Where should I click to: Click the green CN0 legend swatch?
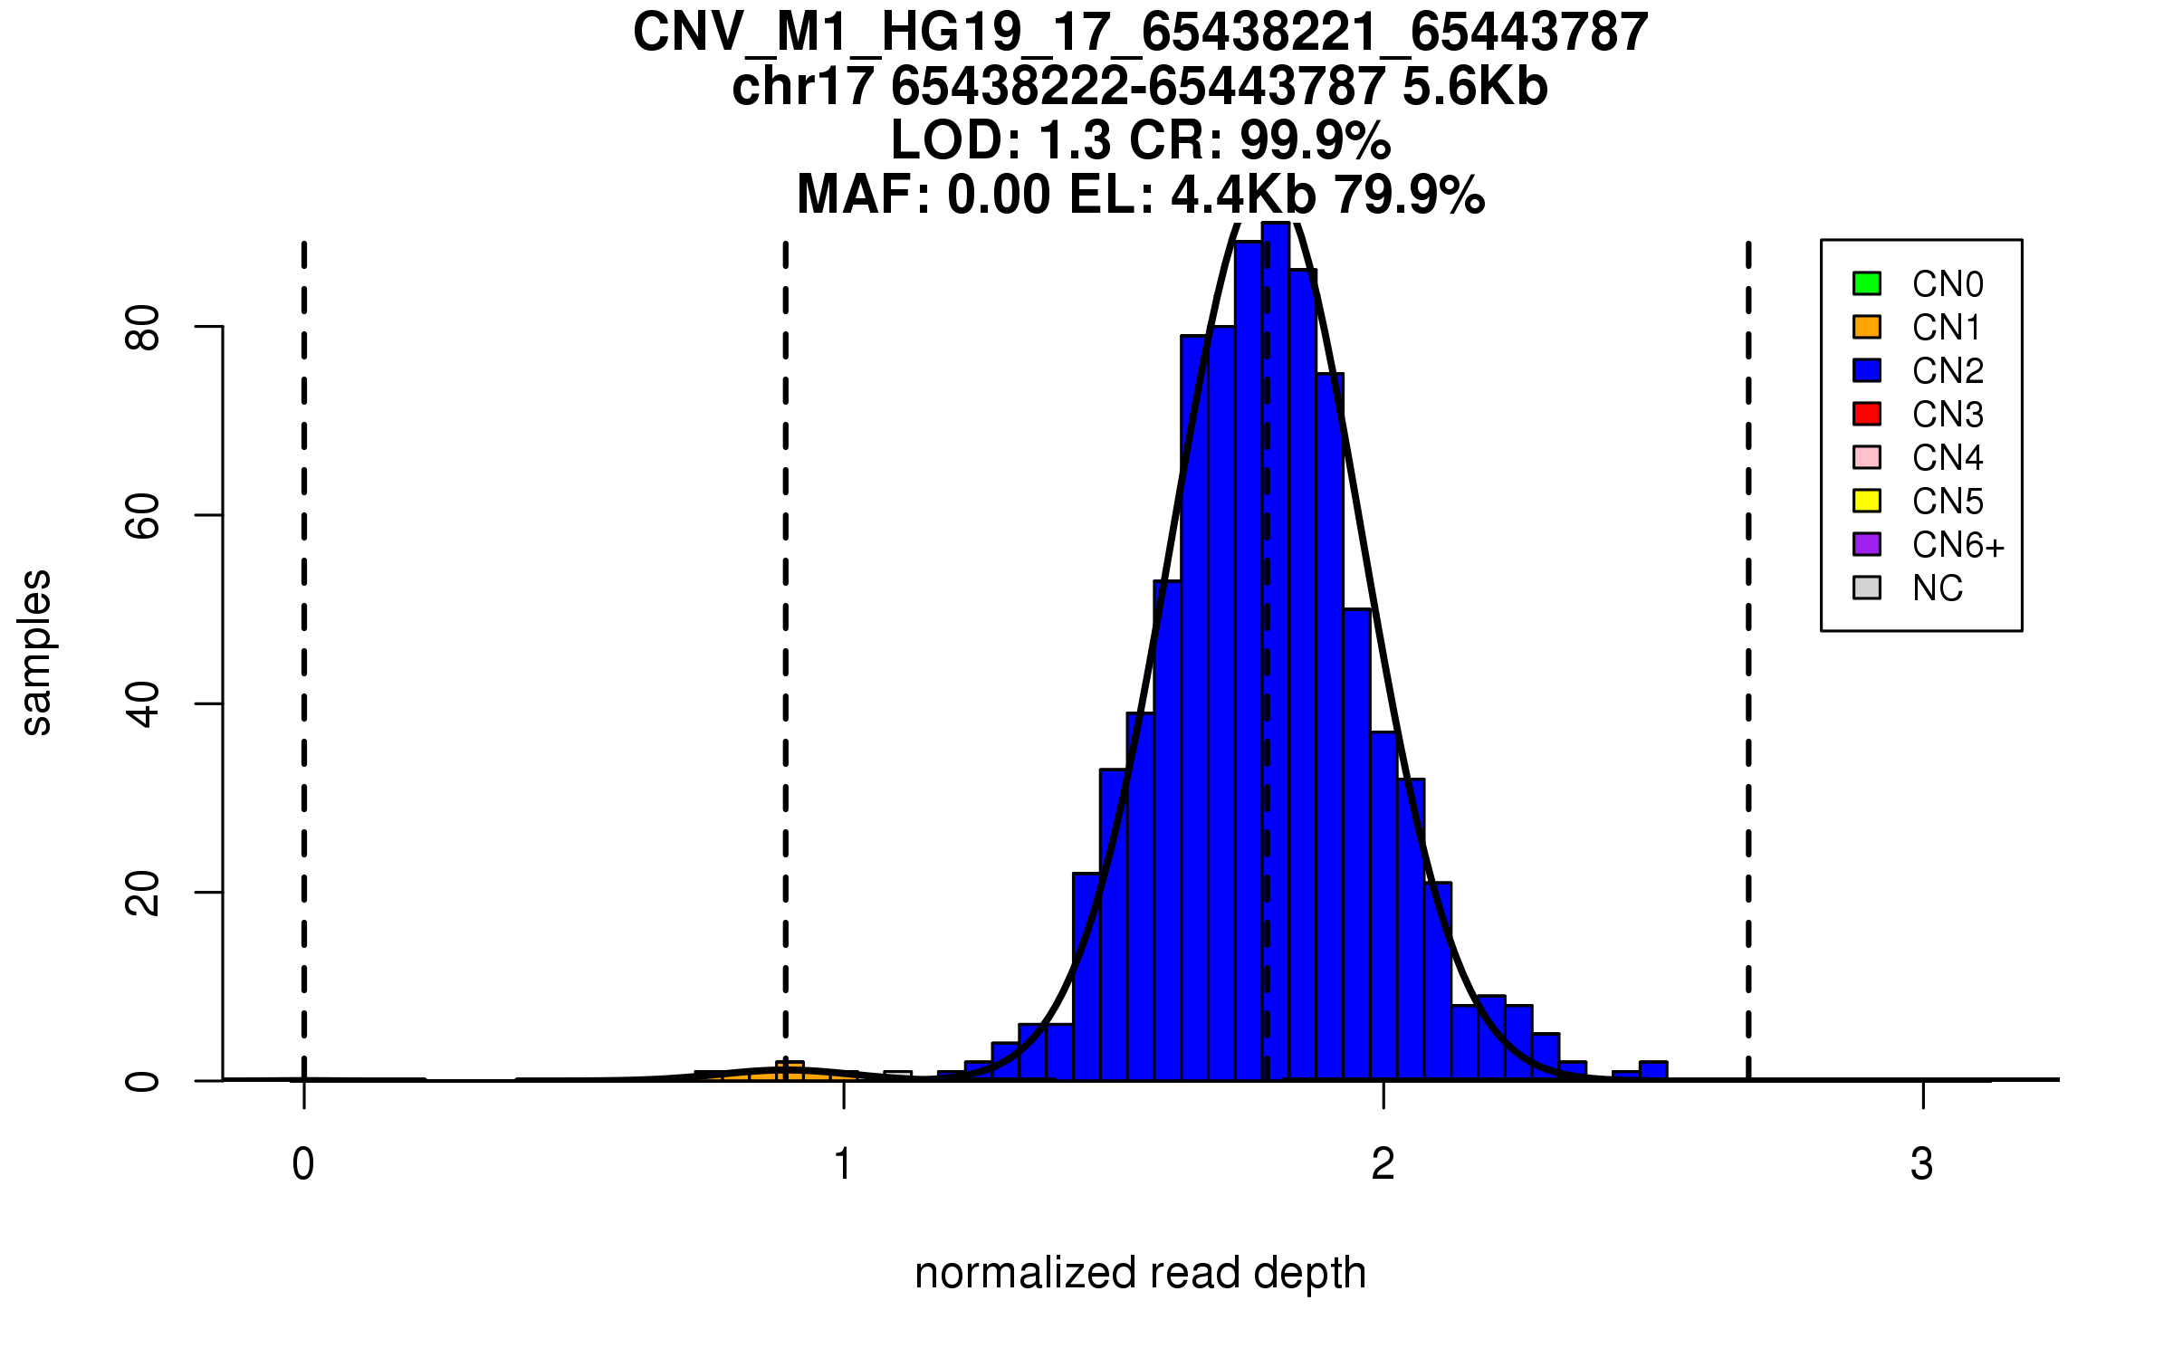pos(1867,283)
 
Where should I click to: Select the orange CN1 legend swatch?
pos(1867,327)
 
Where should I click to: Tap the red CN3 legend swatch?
pos(1867,414)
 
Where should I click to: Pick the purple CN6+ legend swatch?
pos(1867,544)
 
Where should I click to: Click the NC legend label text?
pos(1937,588)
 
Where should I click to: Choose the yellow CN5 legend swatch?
pos(1867,501)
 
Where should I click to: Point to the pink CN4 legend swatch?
pos(1867,457)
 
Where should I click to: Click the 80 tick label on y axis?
pos(143,327)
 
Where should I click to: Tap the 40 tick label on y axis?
pos(143,704)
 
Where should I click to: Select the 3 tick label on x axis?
pos(1922,1164)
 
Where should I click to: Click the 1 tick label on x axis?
pos(843,1164)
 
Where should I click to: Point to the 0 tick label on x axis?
pos(303,1164)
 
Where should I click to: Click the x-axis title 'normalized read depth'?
pos(1140,1273)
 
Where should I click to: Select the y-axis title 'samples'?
pos(36,652)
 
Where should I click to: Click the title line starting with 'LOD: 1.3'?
pos(1140,140)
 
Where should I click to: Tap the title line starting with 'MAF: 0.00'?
pos(1140,195)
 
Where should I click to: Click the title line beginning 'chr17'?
pos(1140,87)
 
